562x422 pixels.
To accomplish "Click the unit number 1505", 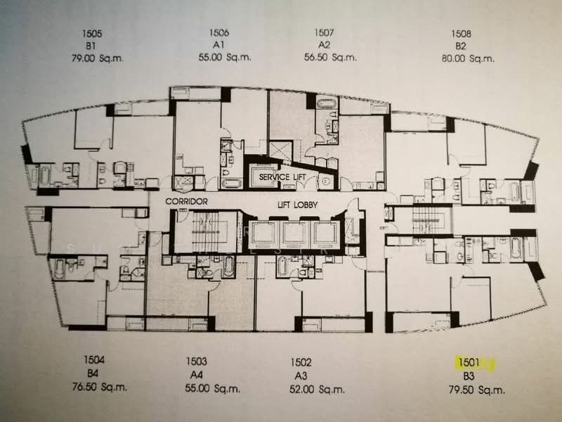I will tap(91, 33).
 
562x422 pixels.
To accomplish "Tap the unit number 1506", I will tap(218, 33).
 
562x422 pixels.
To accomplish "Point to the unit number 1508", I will tap(461, 33).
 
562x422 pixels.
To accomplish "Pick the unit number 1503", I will tap(197, 363).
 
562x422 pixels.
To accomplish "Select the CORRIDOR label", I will tap(187, 202).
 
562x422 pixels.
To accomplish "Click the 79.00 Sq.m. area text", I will tap(98, 58).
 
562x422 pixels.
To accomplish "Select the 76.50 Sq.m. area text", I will tap(98, 387).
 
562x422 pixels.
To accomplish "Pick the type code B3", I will tap(469, 376).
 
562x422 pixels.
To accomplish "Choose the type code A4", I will tap(197, 376).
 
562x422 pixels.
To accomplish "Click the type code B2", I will tap(461, 46).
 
